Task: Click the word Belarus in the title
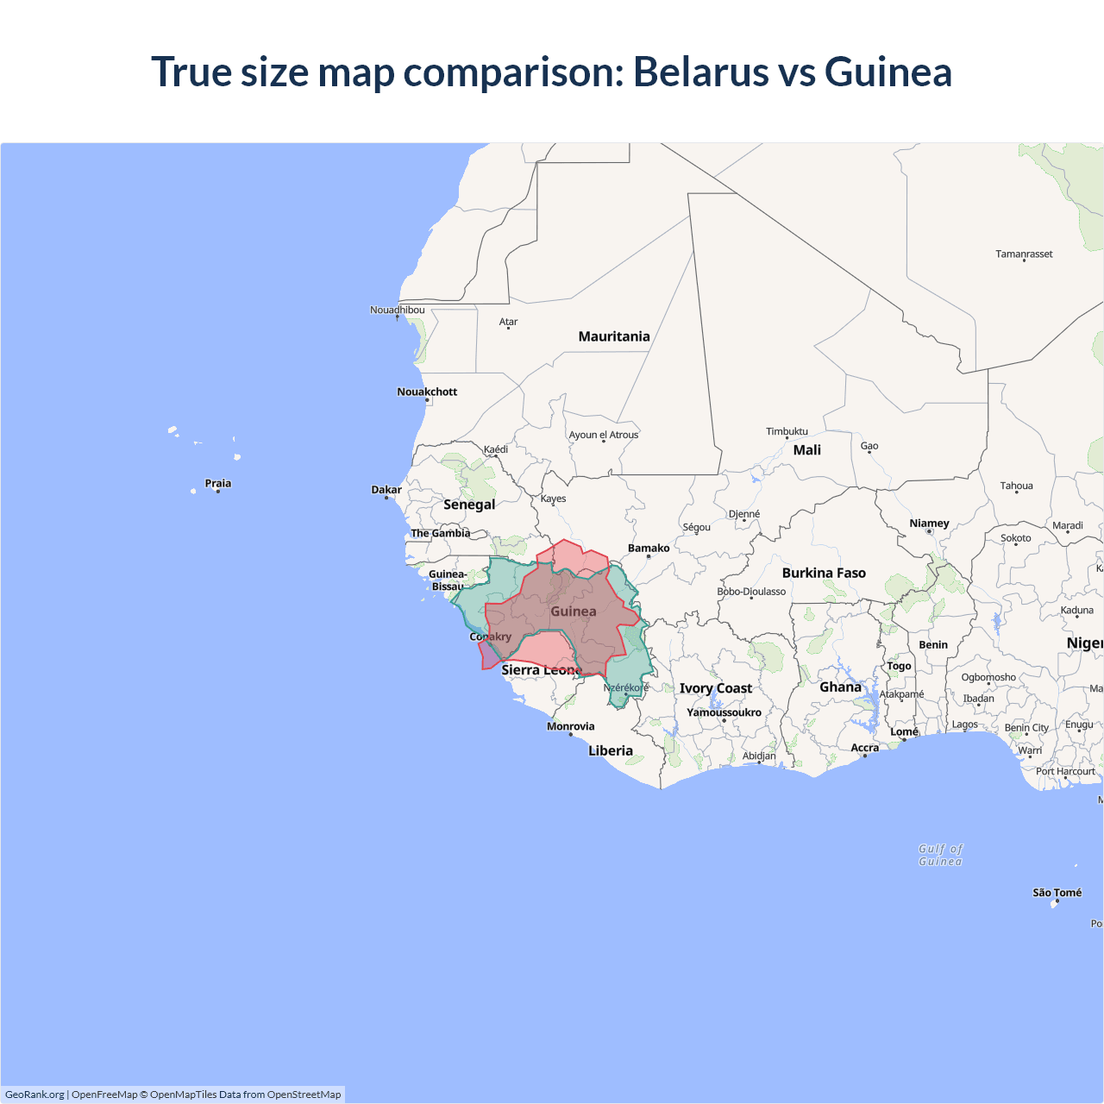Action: coord(700,72)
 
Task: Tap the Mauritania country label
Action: coord(614,336)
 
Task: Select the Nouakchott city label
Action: coord(427,392)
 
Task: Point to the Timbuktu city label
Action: coord(787,431)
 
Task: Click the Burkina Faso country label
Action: coord(824,573)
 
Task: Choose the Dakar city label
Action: coord(386,490)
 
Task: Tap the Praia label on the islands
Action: coord(218,483)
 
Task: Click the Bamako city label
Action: coord(649,548)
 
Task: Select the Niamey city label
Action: coord(929,524)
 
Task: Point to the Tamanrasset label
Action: coord(1024,254)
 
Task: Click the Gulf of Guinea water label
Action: coord(940,855)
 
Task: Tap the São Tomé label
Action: coord(1057,893)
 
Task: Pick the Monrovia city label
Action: coord(570,726)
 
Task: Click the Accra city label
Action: coord(864,748)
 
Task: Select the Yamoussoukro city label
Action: coord(724,712)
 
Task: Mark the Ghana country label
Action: coord(840,687)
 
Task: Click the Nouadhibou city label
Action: coord(397,310)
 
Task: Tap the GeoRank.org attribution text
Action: coord(34,1095)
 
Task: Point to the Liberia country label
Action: coord(611,750)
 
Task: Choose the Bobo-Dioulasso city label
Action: coord(751,592)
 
